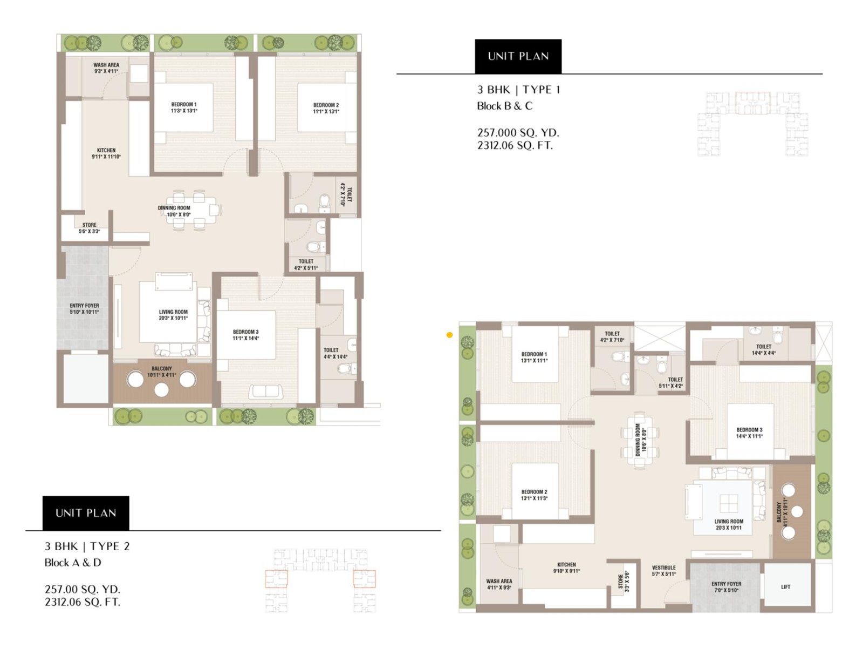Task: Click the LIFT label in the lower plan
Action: point(785,587)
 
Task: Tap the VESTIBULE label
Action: point(663,571)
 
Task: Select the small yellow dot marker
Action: point(449,335)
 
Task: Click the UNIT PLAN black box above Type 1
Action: point(518,56)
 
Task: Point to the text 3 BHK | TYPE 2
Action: point(87,546)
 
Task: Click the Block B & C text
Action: point(504,106)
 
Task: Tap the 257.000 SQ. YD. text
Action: point(518,133)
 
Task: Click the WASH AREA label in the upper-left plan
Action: point(106,68)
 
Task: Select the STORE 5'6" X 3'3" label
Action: point(90,228)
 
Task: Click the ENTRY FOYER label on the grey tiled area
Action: point(84,308)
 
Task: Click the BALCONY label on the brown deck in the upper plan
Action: point(162,372)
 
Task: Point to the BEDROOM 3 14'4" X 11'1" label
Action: point(749,433)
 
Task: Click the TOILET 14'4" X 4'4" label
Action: point(763,350)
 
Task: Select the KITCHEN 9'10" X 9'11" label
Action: point(566,568)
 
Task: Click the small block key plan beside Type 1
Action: point(753,124)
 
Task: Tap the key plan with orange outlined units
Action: point(320,580)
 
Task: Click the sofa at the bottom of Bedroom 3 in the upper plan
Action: point(266,390)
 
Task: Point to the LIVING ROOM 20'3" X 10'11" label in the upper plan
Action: point(173,315)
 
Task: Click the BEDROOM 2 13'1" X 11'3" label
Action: point(534,495)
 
